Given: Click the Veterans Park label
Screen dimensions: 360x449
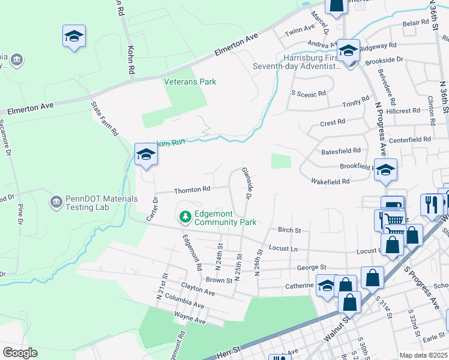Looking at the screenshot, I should [x=190, y=82].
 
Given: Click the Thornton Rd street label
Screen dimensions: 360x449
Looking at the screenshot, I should [x=192, y=190].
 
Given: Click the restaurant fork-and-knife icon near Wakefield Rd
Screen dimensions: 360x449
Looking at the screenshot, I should [x=431, y=205].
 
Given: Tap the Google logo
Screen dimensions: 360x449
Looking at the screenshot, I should [x=20, y=353].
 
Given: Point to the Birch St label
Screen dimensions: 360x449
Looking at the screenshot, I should [x=289, y=230].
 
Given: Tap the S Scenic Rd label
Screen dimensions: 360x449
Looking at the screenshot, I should [x=308, y=94].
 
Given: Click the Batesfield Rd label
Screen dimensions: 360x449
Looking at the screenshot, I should [x=341, y=151].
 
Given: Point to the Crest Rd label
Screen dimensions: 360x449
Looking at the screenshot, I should [x=333, y=122].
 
